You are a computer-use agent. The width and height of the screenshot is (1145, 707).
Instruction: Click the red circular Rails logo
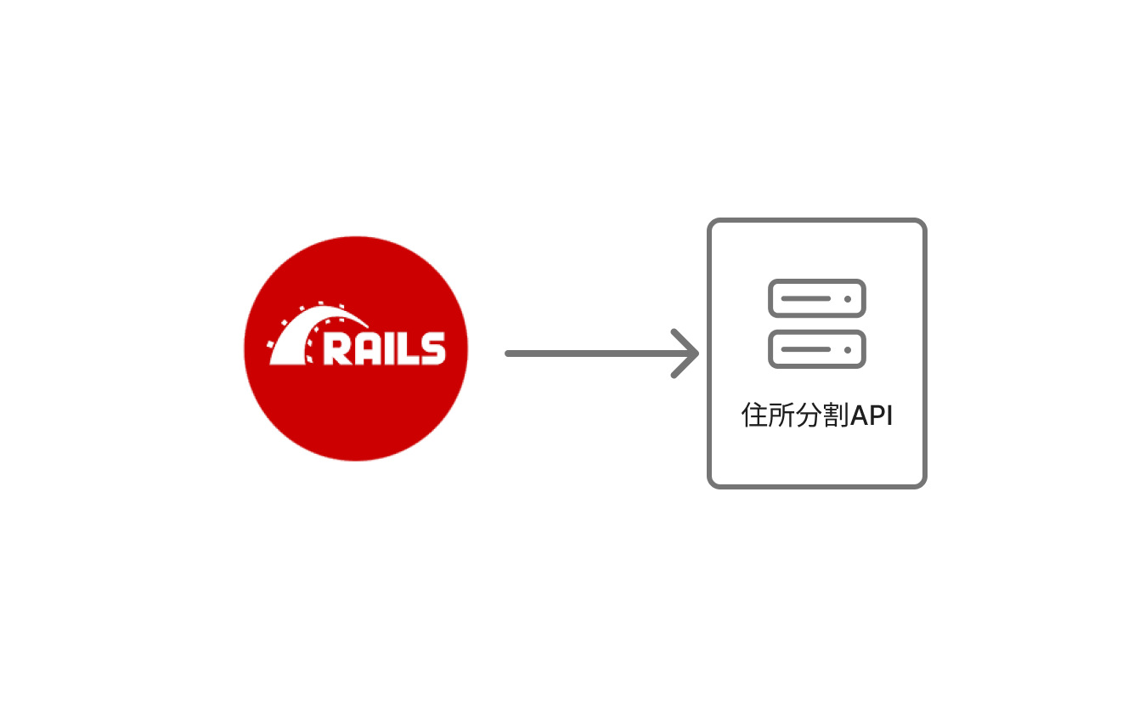click(x=355, y=399)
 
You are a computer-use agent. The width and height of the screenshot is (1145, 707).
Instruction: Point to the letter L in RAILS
click(x=409, y=348)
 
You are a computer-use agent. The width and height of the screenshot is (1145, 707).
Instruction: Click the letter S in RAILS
click(x=431, y=348)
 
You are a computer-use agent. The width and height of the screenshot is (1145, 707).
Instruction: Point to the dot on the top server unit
click(x=847, y=298)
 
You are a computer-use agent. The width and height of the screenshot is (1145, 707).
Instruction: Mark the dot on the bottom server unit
click(x=847, y=348)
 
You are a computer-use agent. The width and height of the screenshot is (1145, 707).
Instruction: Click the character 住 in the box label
click(x=754, y=416)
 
